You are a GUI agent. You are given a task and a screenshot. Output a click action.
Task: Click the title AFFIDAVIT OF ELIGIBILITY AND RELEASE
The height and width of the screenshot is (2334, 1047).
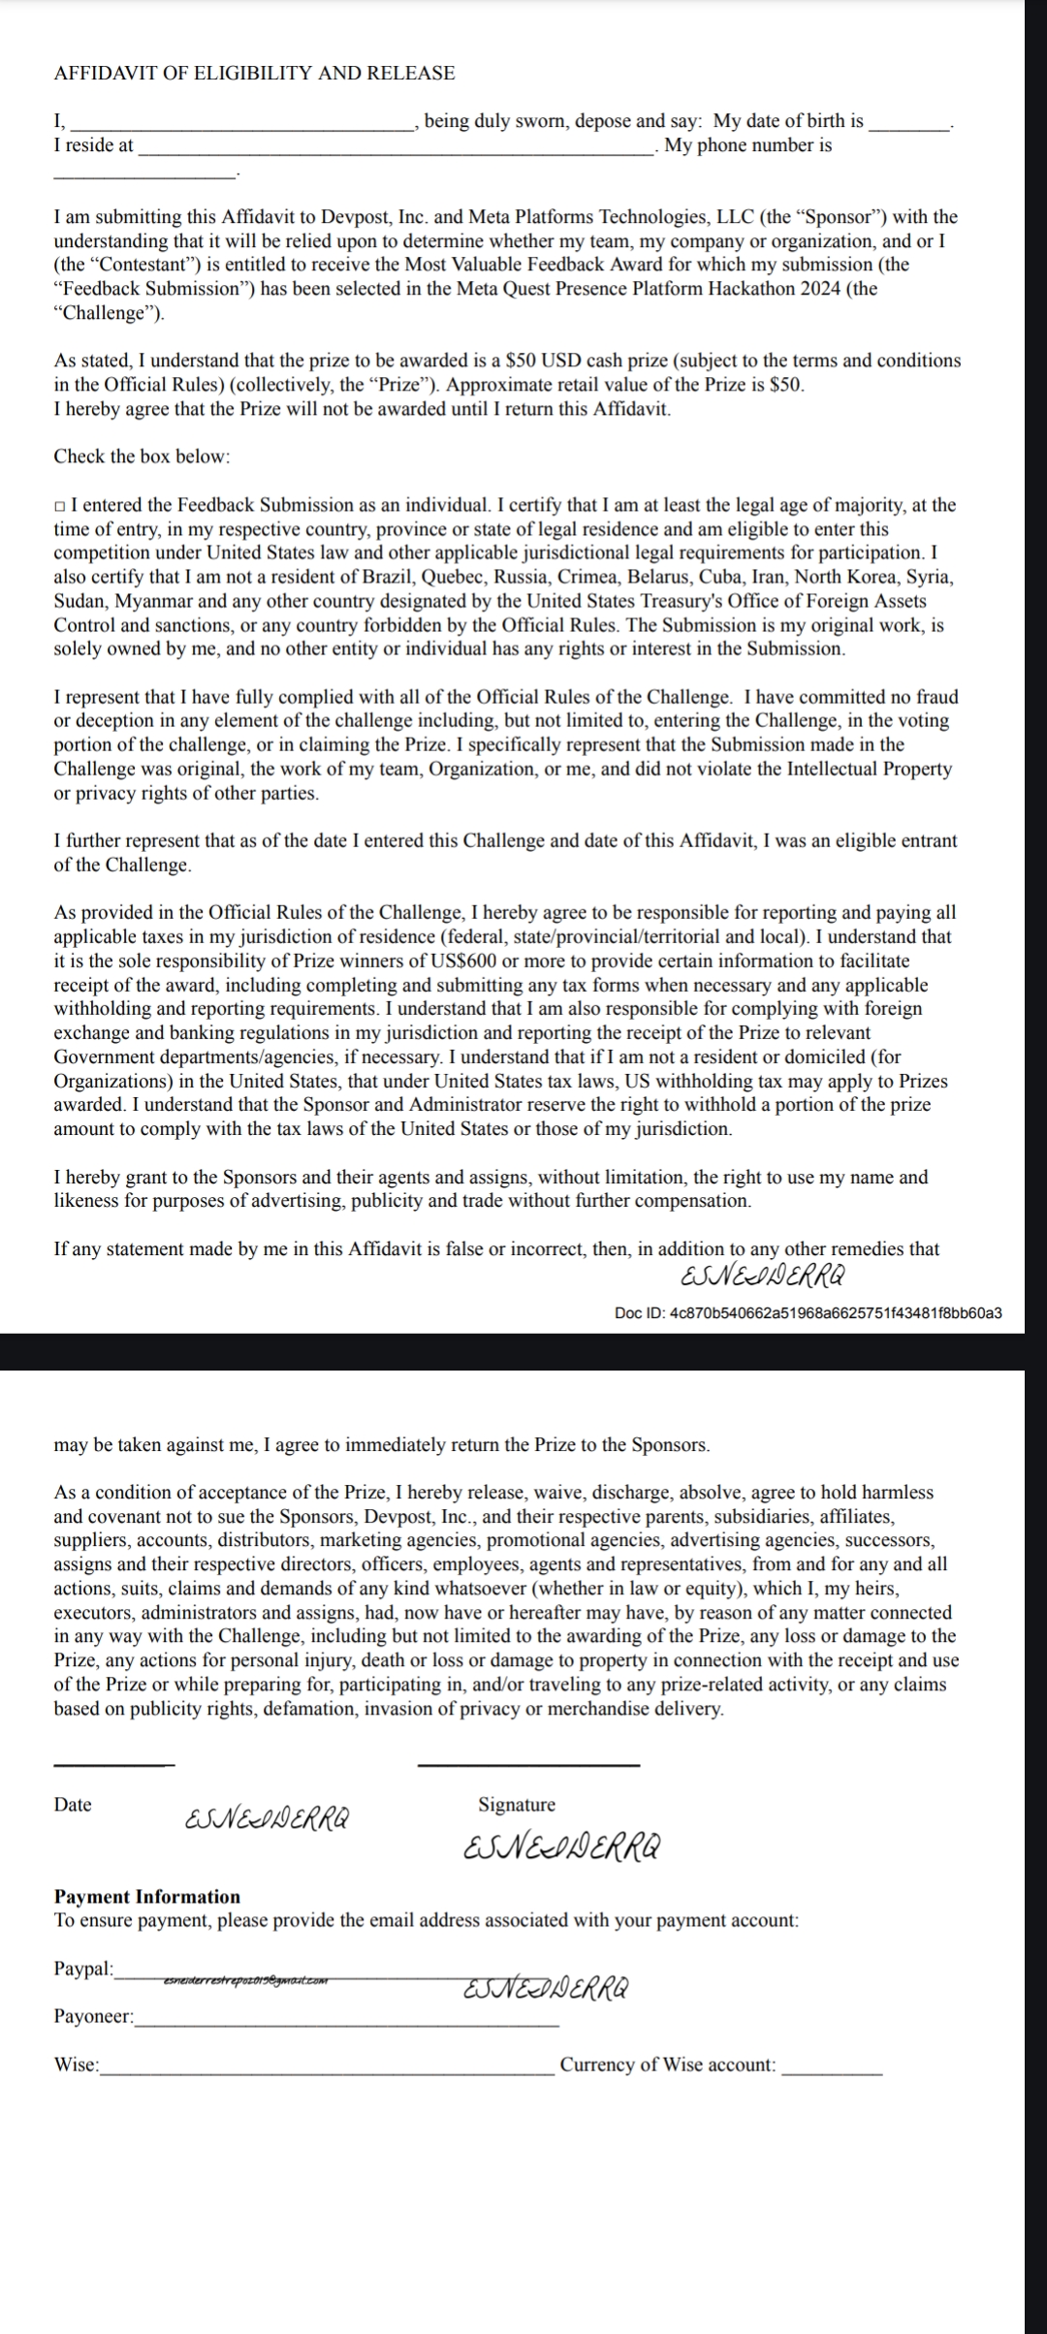pos(254,73)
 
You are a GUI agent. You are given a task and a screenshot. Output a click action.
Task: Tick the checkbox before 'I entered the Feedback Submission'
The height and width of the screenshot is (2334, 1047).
pos(60,506)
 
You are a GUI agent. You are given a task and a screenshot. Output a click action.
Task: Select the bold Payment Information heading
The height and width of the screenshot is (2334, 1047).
pos(146,1896)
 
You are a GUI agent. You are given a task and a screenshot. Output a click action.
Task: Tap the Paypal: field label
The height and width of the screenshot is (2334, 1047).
pos(83,1969)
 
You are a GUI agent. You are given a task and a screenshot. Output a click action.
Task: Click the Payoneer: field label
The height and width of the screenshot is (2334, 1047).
pos(94,2016)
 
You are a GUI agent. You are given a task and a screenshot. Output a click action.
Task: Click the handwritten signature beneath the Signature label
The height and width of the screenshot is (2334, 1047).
pos(562,1847)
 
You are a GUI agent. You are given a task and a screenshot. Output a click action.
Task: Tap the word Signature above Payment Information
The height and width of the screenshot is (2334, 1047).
pos(517,1804)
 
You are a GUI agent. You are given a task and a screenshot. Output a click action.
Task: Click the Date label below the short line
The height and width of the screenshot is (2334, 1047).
pos(73,1804)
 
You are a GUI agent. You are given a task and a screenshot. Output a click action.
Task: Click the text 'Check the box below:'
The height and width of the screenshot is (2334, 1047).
pos(142,456)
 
